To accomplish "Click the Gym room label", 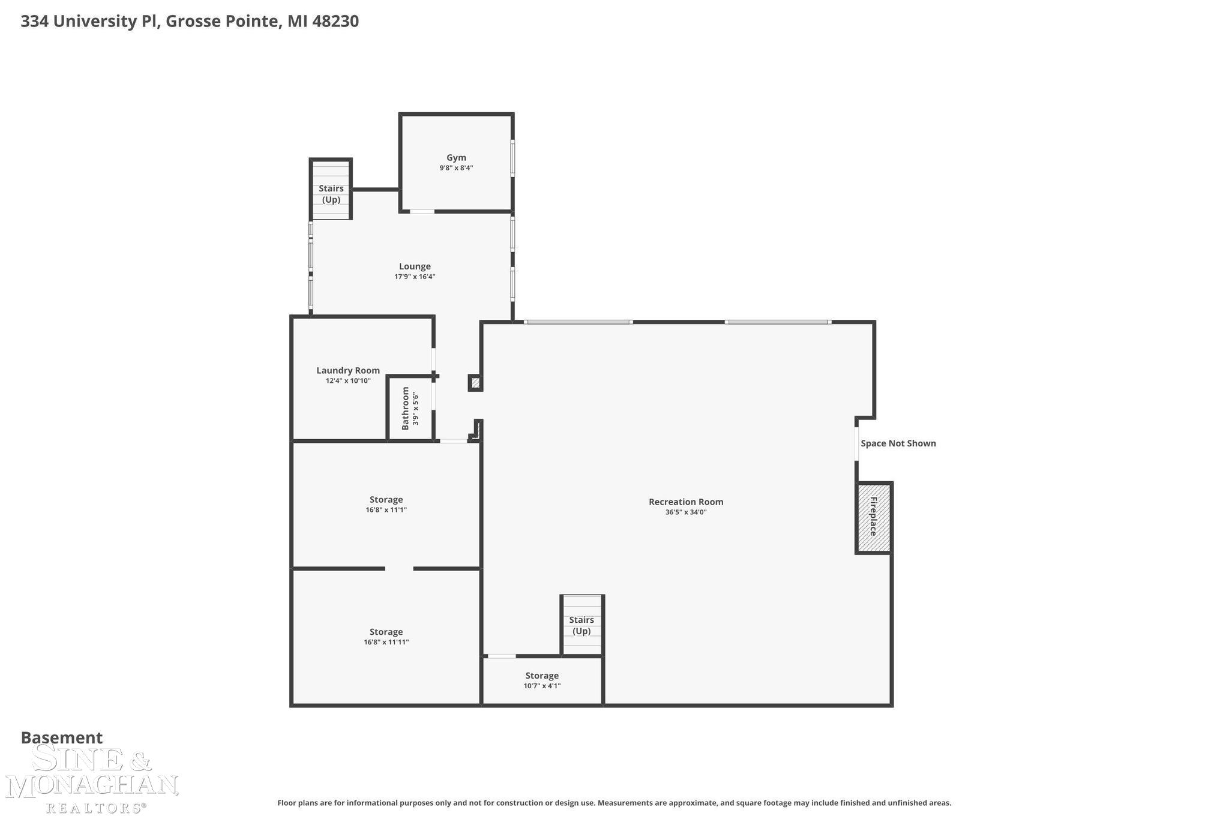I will pos(456,158).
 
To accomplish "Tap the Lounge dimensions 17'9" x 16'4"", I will pos(415,277).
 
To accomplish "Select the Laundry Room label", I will pos(348,370).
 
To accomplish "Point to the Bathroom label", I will pos(406,408).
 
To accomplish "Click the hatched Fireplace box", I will pos(873,517).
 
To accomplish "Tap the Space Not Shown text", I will pos(898,443).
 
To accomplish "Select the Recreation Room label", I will pos(686,502).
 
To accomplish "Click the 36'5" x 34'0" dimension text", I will pos(686,512).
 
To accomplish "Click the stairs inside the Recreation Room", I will pos(581,625).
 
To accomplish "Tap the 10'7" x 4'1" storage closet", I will pos(542,681).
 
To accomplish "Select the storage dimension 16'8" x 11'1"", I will pos(386,510).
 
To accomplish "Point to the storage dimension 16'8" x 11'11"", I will pos(386,642).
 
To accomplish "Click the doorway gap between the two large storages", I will pos(399,568).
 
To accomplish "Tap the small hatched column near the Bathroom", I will pos(475,382).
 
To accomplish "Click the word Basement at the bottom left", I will pos(62,737).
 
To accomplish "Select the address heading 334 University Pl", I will pos(190,22).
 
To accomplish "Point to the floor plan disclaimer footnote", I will pos(614,803).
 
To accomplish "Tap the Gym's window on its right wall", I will pos(512,158).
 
